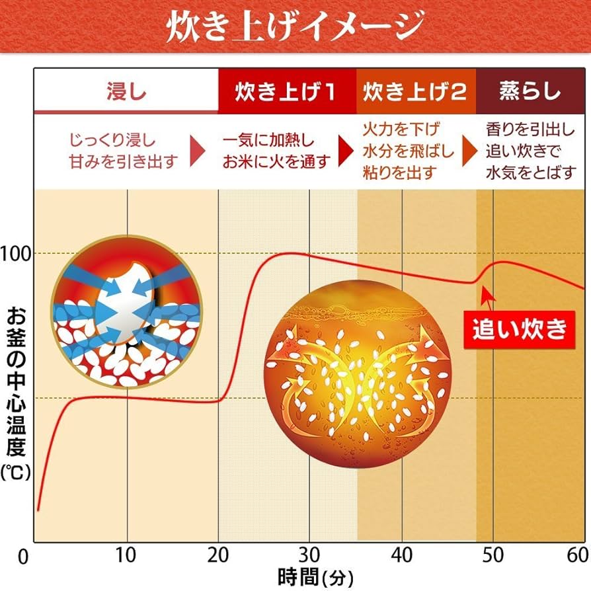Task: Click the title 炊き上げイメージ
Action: [x=295, y=28]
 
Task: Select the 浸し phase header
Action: [x=126, y=91]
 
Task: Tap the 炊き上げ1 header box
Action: [x=286, y=91]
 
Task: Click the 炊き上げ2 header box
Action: [x=416, y=91]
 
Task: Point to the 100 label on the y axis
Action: [x=17, y=253]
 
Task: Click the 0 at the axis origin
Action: [x=23, y=557]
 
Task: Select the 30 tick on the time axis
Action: [x=310, y=554]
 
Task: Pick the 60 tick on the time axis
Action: [x=576, y=554]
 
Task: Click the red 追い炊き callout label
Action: [x=519, y=328]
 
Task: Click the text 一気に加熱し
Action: [x=268, y=141]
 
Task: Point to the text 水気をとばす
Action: [x=531, y=173]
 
